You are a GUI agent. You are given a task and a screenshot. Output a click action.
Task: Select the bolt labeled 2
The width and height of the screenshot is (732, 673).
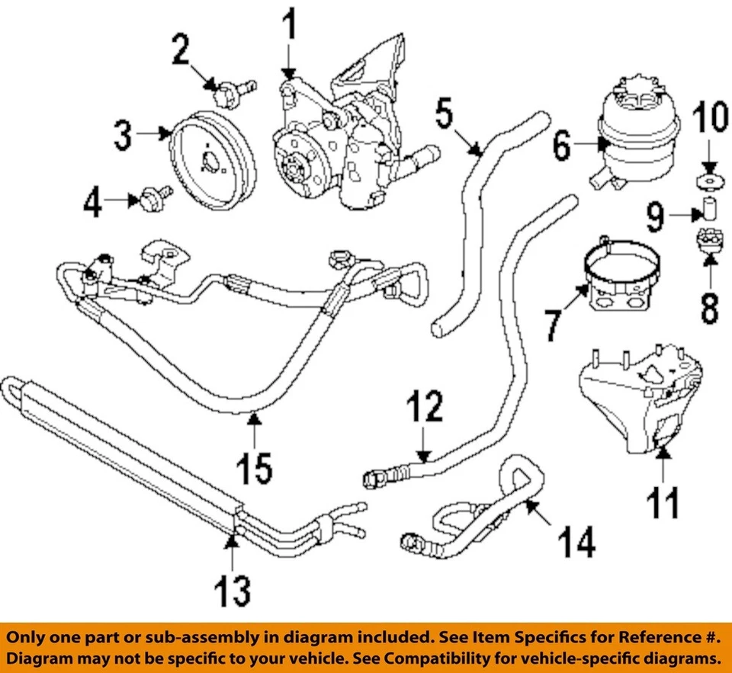tap(227, 95)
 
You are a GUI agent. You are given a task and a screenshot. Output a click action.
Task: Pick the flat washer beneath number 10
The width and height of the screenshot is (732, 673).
tap(708, 181)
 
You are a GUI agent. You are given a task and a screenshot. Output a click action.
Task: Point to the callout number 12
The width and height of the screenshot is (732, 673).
tap(424, 410)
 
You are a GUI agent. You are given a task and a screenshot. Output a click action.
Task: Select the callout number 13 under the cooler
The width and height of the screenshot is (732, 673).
tap(231, 590)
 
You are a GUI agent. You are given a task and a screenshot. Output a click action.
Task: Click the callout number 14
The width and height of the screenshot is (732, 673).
tap(576, 543)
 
